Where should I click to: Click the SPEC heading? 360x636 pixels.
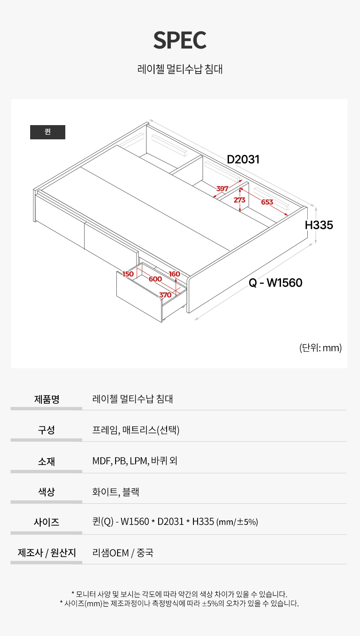point(180,41)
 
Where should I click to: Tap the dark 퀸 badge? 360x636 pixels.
point(48,132)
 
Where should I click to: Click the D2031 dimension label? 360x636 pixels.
point(243,159)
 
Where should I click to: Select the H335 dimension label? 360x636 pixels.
point(319,225)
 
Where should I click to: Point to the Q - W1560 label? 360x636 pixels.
point(275,283)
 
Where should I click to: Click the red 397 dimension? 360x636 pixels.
point(222,189)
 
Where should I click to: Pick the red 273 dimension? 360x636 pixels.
point(239,200)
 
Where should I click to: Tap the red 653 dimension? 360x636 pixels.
point(267,202)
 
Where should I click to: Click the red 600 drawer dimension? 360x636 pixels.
point(155,279)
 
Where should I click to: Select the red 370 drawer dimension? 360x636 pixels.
point(165,295)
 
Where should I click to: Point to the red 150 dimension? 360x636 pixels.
point(128,274)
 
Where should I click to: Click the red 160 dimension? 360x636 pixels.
point(175,274)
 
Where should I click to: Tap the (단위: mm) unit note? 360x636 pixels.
point(320,348)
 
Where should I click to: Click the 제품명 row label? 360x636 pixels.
point(46,399)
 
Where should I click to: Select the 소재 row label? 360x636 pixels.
point(46,462)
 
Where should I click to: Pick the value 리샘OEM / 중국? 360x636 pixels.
point(123,553)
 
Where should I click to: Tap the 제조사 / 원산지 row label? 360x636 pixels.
point(46,553)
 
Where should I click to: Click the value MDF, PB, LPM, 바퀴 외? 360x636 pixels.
point(135,461)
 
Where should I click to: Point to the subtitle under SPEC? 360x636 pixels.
point(180,69)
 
